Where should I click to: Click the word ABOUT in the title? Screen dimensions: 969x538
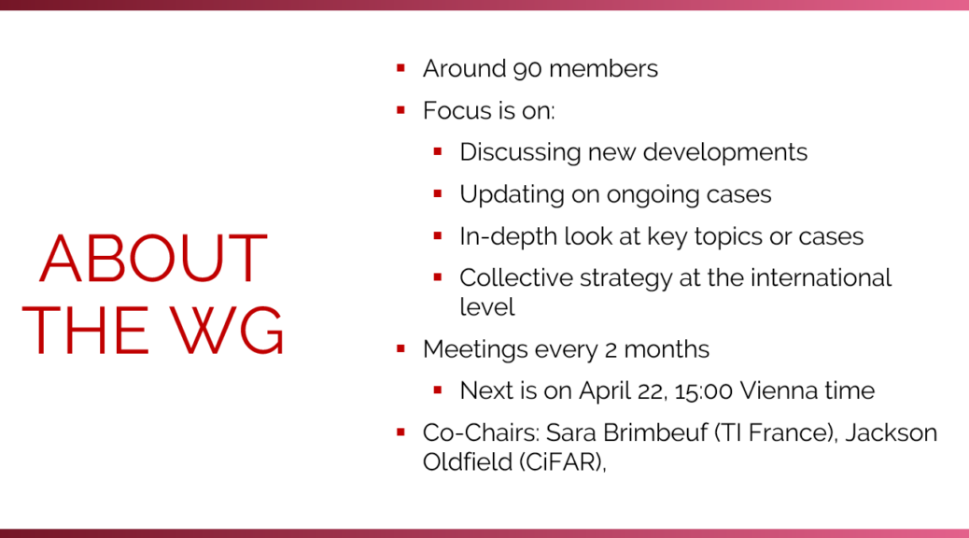pos(154,258)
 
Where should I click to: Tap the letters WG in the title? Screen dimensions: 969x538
pos(227,330)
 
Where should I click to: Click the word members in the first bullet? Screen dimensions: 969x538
pos(603,68)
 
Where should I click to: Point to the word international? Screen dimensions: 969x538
pos(821,277)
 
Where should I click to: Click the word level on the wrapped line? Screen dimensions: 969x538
pos(487,306)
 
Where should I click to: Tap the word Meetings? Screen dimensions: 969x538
pos(475,350)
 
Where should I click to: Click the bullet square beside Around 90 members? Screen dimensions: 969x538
pos(401,68)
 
